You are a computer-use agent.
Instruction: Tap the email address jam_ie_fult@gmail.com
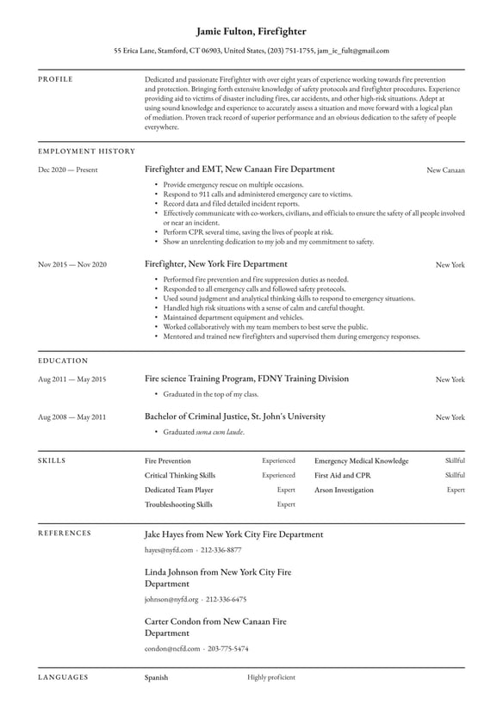[353, 51]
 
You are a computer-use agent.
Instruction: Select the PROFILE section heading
[55, 79]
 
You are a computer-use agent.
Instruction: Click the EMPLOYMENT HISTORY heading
[86, 151]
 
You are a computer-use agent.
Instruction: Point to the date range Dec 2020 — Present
[68, 170]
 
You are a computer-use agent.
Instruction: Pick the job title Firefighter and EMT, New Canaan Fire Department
[239, 170]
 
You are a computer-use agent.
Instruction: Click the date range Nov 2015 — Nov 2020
[72, 264]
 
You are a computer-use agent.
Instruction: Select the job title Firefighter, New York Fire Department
[216, 264]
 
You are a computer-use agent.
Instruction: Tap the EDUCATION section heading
[63, 361]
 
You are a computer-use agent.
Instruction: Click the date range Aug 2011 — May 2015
[72, 380]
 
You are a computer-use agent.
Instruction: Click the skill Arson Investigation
[344, 490]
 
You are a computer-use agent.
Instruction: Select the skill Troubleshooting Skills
[178, 504]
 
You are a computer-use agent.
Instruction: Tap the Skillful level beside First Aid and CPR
[455, 475]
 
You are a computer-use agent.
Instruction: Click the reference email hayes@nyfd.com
[169, 549]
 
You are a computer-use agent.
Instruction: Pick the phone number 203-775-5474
[228, 648]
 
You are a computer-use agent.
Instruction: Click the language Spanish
[156, 677]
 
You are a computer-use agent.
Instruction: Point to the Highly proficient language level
[270, 677]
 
